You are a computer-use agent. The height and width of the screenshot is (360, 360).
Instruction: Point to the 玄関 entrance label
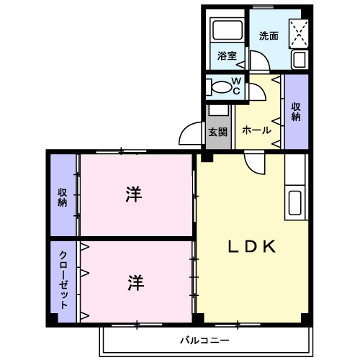coord(218,132)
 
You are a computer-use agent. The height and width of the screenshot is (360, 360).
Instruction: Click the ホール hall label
coord(257,130)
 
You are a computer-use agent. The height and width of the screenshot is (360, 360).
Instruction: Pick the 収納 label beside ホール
coord(296,112)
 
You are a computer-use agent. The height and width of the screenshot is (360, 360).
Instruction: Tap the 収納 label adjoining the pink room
coord(63,197)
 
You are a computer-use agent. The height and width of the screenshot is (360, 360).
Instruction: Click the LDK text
coord(253,247)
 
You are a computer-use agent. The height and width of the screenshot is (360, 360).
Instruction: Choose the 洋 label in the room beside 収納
coord(134,194)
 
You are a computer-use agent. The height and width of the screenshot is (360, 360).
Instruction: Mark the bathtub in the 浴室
coord(226,30)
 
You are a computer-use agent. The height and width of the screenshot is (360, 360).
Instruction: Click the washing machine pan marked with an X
coord(300,32)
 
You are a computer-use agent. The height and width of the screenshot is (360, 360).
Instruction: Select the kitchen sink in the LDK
coord(296,202)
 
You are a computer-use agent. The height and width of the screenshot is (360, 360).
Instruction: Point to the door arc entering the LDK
coord(254,163)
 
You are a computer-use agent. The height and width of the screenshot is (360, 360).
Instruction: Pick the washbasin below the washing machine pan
coord(299,60)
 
